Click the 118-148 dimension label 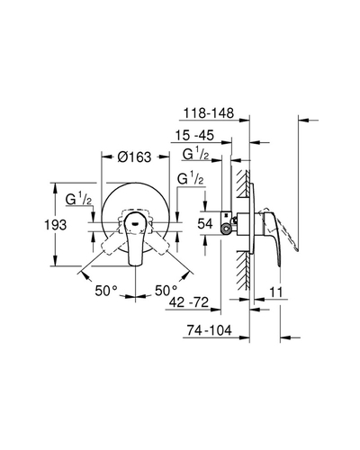pyautogui.click(x=209, y=113)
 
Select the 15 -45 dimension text pyautogui.click(x=194, y=135)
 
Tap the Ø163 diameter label pyautogui.click(x=134, y=157)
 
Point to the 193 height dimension pyautogui.click(x=56, y=225)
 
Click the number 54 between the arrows pyautogui.click(x=205, y=224)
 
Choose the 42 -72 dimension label pyautogui.click(x=189, y=302)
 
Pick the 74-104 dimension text pyautogui.click(x=210, y=330)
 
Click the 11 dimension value pyautogui.click(x=276, y=292)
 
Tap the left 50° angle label pyautogui.click(x=106, y=291)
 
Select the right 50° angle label pyautogui.click(x=166, y=291)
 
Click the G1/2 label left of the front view pyautogui.click(x=78, y=200)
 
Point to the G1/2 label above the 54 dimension pyautogui.click(x=191, y=179)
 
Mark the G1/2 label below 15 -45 pyautogui.click(x=195, y=155)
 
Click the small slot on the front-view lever pyautogui.click(x=135, y=223)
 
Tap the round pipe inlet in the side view pyautogui.click(x=226, y=229)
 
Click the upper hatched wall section pyautogui.click(x=243, y=184)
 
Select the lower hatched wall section pyautogui.click(x=243, y=270)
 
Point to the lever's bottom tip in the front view pyautogui.click(x=135, y=265)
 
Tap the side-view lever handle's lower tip pyautogui.click(x=280, y=265)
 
